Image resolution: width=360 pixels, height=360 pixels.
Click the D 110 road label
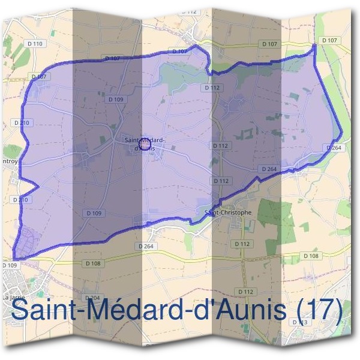36,44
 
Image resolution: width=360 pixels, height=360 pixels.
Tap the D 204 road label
92,298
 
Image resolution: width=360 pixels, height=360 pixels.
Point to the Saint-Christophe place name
228,212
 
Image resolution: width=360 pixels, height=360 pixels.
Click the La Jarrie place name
13,298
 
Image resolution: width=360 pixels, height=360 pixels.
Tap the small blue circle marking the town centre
145,144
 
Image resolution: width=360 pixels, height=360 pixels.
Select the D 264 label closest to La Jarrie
145,246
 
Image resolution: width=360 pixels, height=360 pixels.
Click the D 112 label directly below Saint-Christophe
242,244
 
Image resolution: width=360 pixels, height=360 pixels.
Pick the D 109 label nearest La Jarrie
10,265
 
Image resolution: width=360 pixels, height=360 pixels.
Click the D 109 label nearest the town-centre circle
117,99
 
